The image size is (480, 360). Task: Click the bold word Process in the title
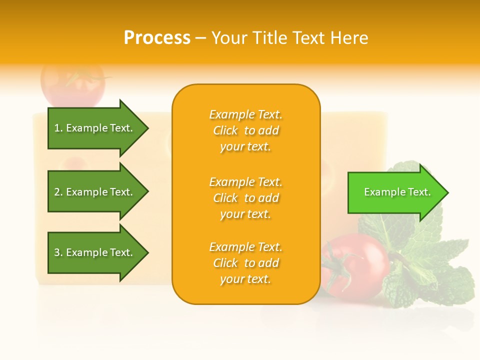coord(157,38)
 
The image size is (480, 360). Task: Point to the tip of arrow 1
coord(147,128)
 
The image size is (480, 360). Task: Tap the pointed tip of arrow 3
coord(147,252)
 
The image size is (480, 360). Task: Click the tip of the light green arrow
coord(447,192)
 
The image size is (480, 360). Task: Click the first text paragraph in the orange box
coord(245,130)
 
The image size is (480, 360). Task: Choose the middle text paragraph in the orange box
coord(245,198)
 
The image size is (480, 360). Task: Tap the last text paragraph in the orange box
coord(245,263)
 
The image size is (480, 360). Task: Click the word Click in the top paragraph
coord(225,130)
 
